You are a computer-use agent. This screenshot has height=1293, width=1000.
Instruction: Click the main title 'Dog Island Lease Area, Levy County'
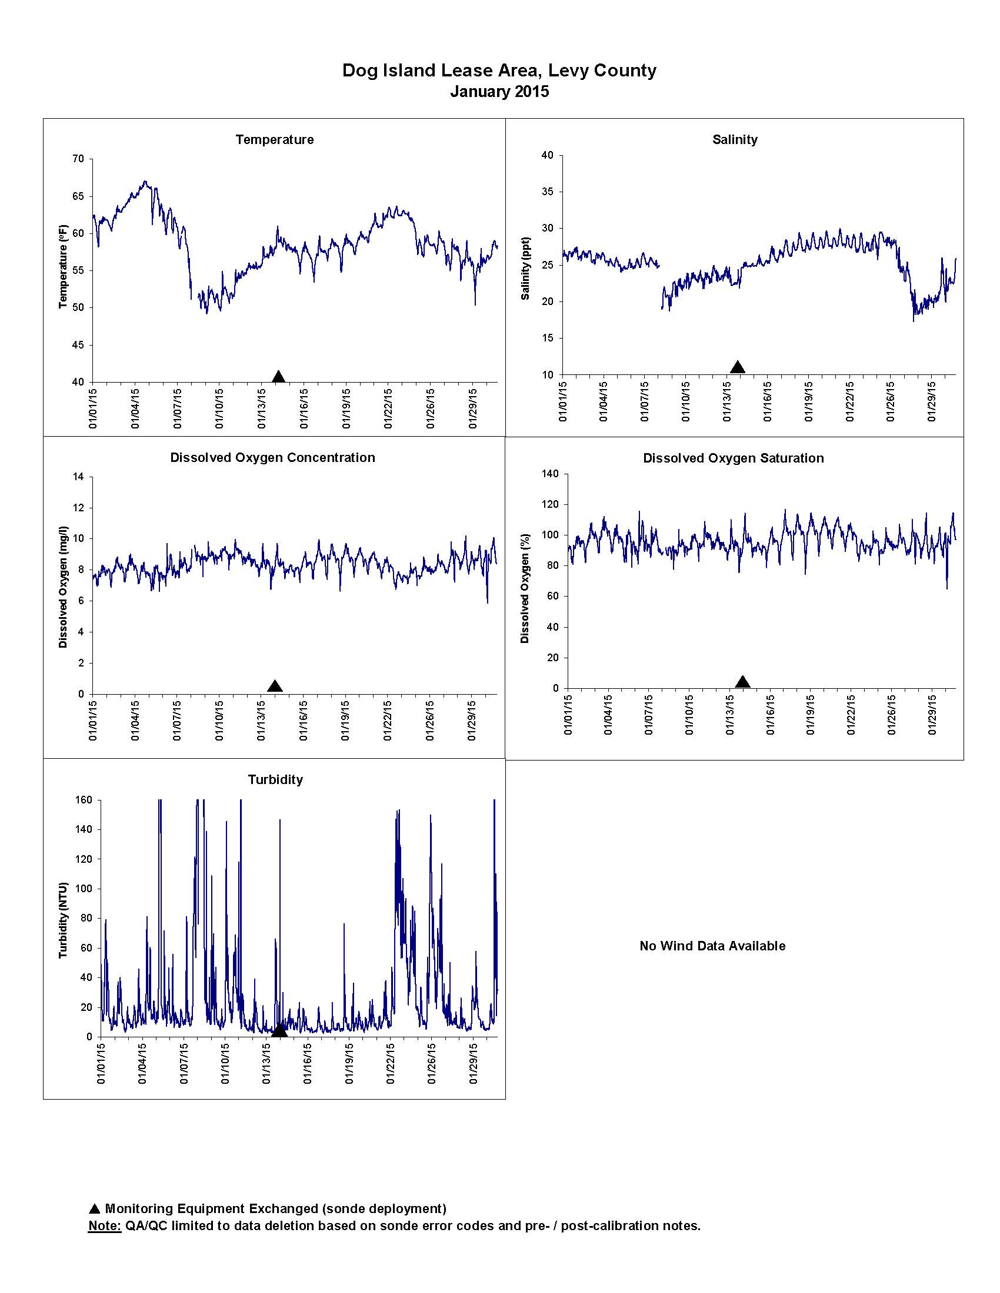499,71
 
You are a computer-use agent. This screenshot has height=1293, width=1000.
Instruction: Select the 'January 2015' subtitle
499,92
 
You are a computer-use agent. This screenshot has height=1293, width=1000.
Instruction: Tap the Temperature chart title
274,140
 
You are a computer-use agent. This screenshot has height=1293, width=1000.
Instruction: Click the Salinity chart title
735,140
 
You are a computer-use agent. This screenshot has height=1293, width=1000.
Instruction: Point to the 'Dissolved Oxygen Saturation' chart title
734,458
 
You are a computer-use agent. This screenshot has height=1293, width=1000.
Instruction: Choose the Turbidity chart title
275,780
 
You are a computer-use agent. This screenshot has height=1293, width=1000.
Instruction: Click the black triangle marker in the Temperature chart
278,377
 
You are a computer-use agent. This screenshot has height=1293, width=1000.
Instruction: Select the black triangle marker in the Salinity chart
738,367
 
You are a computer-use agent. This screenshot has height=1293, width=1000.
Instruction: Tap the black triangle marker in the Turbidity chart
279,1031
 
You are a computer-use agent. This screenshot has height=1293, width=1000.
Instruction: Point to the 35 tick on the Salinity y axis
548,192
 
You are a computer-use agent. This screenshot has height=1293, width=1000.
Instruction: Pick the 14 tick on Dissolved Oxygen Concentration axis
79,477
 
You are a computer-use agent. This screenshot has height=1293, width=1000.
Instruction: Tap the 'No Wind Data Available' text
712,946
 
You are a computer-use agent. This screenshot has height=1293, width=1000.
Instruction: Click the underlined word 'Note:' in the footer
105,1225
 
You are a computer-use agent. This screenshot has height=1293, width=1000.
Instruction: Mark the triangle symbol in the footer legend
94,1208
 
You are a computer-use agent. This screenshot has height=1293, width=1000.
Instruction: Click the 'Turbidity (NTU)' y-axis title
64,920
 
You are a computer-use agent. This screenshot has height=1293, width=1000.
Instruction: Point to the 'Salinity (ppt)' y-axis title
525,268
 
